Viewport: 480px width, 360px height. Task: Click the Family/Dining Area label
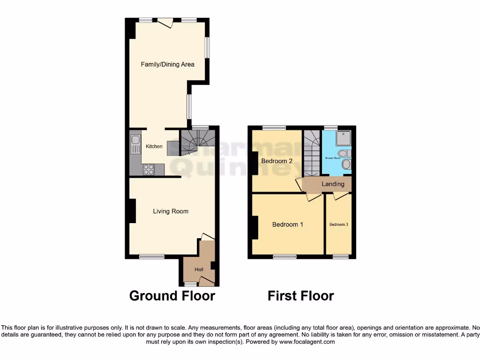tap(167, 64)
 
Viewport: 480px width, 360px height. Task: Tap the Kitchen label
tap(154, 146)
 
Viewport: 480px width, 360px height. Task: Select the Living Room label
tap(171, 211)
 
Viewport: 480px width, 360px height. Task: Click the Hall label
tap(199, 270)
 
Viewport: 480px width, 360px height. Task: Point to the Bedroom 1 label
tap(287, 225)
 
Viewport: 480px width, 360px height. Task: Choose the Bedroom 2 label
tap(277, 161)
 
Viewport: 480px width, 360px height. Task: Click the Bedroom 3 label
tap(338, 225)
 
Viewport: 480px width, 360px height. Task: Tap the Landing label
tap(333, 184)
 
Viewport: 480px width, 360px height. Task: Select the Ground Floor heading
tap(172, 296)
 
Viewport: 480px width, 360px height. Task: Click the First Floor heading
tap(300, 296)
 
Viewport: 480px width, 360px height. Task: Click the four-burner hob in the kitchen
tap(149, 169)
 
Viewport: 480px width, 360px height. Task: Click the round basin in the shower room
tap(346, 164)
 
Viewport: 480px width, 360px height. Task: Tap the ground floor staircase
tap(197, 142)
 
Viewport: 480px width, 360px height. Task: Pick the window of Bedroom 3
tap(341, 256)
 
